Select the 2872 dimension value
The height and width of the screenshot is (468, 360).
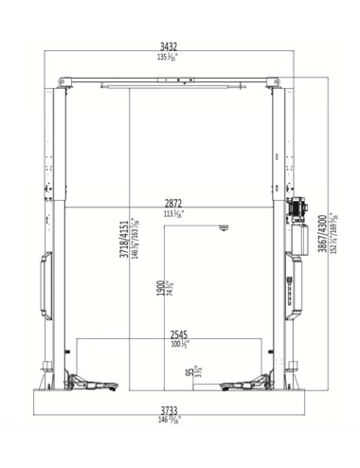click(x=173, y=204)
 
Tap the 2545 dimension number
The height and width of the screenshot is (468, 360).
click(x=178, y=334)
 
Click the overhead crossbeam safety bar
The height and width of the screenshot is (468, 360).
click(x=171, y=89)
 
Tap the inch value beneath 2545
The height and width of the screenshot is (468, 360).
click(x=178, y=345)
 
